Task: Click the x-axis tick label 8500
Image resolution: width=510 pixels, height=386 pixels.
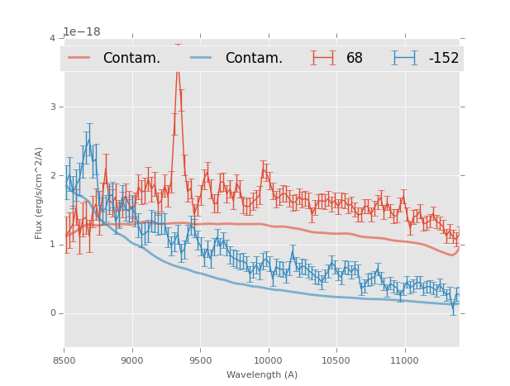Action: click(64, 360)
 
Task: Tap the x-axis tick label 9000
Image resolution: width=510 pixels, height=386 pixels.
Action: click(132, 360)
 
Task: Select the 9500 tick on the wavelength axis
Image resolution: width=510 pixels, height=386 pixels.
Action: click(200, 360)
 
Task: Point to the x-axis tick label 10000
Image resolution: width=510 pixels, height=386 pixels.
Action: click(268, 360)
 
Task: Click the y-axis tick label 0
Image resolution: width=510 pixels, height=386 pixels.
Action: click(52, 313)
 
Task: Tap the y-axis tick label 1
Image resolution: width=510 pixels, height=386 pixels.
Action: click(52, 245)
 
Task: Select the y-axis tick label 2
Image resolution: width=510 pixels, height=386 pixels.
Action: click(52, 176)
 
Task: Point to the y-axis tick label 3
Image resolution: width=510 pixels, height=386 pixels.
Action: click(52, 107)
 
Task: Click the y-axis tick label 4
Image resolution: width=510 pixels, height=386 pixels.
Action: click(52, 39)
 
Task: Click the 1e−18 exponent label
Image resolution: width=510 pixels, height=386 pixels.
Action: click(82, 32)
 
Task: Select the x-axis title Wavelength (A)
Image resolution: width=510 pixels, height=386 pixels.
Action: click(261, 375)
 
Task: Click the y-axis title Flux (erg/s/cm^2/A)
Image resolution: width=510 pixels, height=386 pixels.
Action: click(39, 193)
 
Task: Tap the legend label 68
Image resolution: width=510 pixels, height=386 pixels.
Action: click(355, 59)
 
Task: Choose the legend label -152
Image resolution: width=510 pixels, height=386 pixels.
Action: click(443, 59)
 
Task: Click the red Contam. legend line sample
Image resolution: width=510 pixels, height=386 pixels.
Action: click(79, 58)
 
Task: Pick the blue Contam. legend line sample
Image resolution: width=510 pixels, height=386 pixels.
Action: click(202, 58)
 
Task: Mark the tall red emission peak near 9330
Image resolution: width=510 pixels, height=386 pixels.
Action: click(177, 69)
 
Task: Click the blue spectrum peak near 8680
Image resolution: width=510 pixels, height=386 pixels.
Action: click(88, 141)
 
